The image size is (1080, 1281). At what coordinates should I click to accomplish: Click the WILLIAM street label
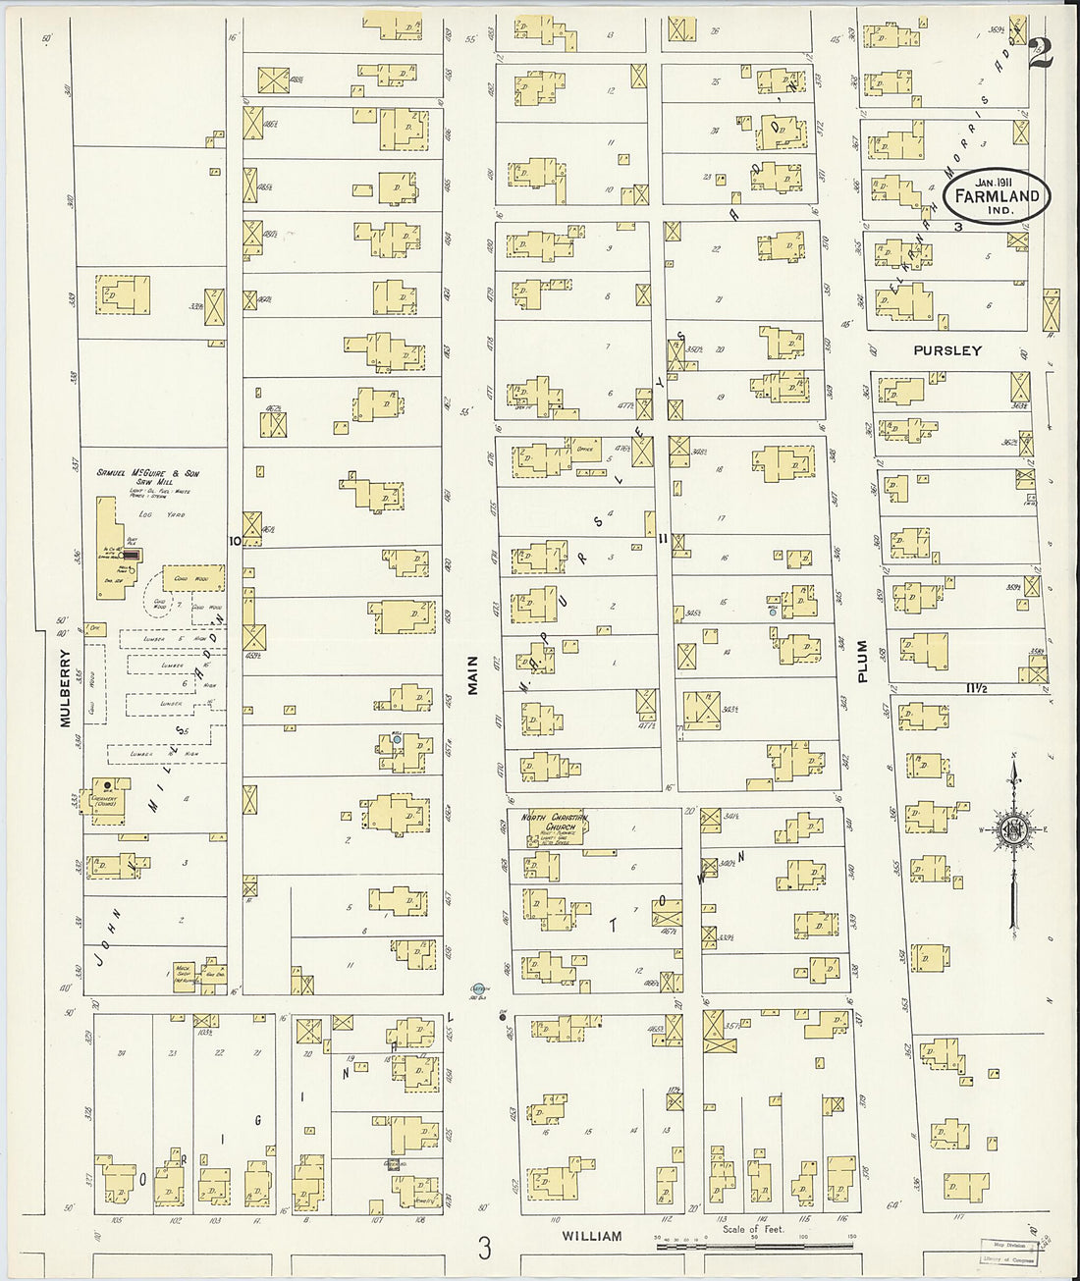point(592,1237)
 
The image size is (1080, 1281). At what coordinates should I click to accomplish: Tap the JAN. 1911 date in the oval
point(994,180)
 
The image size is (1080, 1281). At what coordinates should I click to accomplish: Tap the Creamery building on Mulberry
point(105,799)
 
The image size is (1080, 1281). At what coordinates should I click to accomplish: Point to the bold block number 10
point(234,540)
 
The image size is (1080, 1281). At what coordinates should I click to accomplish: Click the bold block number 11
point(664,537)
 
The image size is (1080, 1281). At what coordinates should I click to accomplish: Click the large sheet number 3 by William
point(483,1248)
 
